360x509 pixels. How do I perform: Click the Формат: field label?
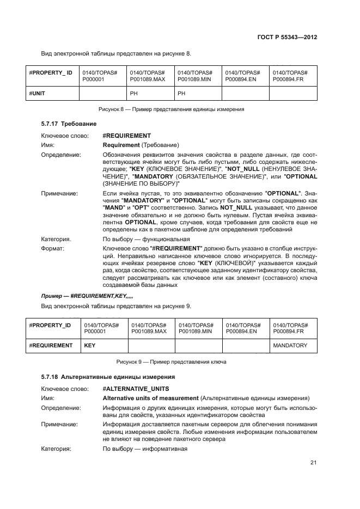click(x=53, y=248)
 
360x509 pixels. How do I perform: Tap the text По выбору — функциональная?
click(x=146, y=238)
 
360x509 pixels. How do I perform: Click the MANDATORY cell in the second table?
click(x=290, y=345)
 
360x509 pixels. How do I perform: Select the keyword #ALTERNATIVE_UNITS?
click(x=136, y=389)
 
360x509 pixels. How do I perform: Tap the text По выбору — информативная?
click(x=145, y=449)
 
